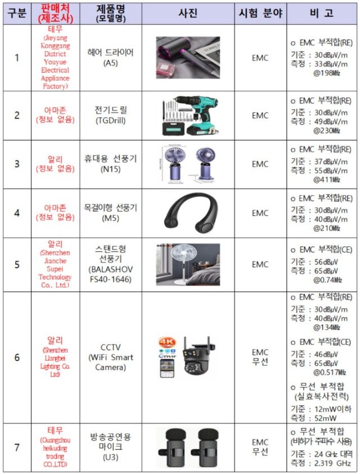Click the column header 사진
click(x=187, y=13)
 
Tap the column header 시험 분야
click(x=260, y=13)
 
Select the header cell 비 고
click(x=321, y=13)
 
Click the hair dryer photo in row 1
click(x=187, y=57)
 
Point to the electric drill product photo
click(x=187, y=115)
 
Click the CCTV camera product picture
click(x=188, y=357)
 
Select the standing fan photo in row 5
click(x=187, y=264)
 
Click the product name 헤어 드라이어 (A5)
click(x=111, y=57)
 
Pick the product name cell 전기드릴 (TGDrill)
click(x=111, y=115)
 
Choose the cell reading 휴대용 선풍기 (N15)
click(x=111, y=164)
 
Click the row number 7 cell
click(x=17, y=448)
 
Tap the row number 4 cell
click(x=17, y=213)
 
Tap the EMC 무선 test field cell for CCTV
click(x=260, y=357)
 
